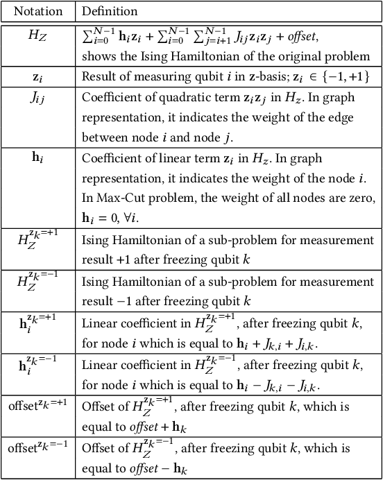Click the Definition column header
click(x=110, y=12)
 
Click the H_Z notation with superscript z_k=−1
click(x=37, y=283)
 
